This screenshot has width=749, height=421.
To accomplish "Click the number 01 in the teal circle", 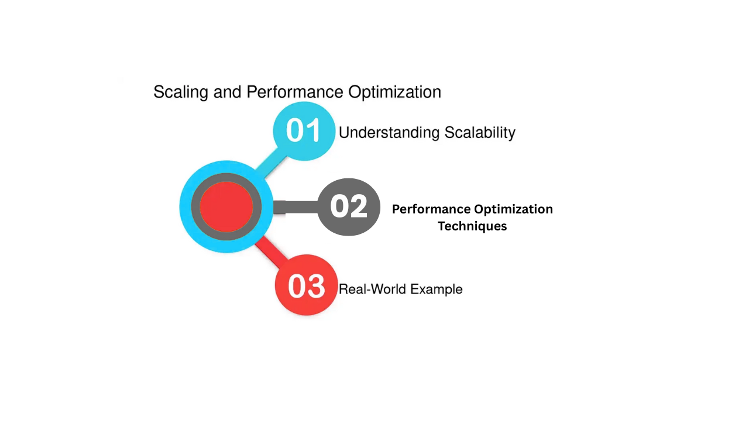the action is click(x=304, y=130).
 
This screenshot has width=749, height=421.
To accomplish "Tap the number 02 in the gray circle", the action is click(x=348, y=206).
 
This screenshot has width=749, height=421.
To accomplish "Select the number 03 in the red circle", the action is click(x=306, y=286).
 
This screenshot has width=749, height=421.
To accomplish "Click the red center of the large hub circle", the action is click(x=226, y=207).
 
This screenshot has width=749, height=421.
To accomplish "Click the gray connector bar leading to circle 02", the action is click(x=295, y=207).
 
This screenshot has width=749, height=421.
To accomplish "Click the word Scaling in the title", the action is click(x=181, y=92).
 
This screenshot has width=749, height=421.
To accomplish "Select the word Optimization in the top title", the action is click(x=394, y=92).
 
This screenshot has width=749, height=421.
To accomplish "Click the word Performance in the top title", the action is click(x=294, y=92).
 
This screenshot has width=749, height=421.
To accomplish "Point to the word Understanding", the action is click(x=389, y=133).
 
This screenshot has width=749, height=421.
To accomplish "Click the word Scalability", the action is click(x=480, y=133).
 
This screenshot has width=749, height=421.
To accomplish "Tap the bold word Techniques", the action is click(x=472, y=226).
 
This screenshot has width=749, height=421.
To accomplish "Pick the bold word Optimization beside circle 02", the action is click(x=514, y=210).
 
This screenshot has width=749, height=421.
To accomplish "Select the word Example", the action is click(x=437, y=289).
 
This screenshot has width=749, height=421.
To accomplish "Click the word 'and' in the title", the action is click(x=228, y=92).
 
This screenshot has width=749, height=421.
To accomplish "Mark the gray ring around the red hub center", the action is click(x=195, y=207).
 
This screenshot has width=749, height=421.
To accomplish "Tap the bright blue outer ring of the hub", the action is click(x=185, y=207).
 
